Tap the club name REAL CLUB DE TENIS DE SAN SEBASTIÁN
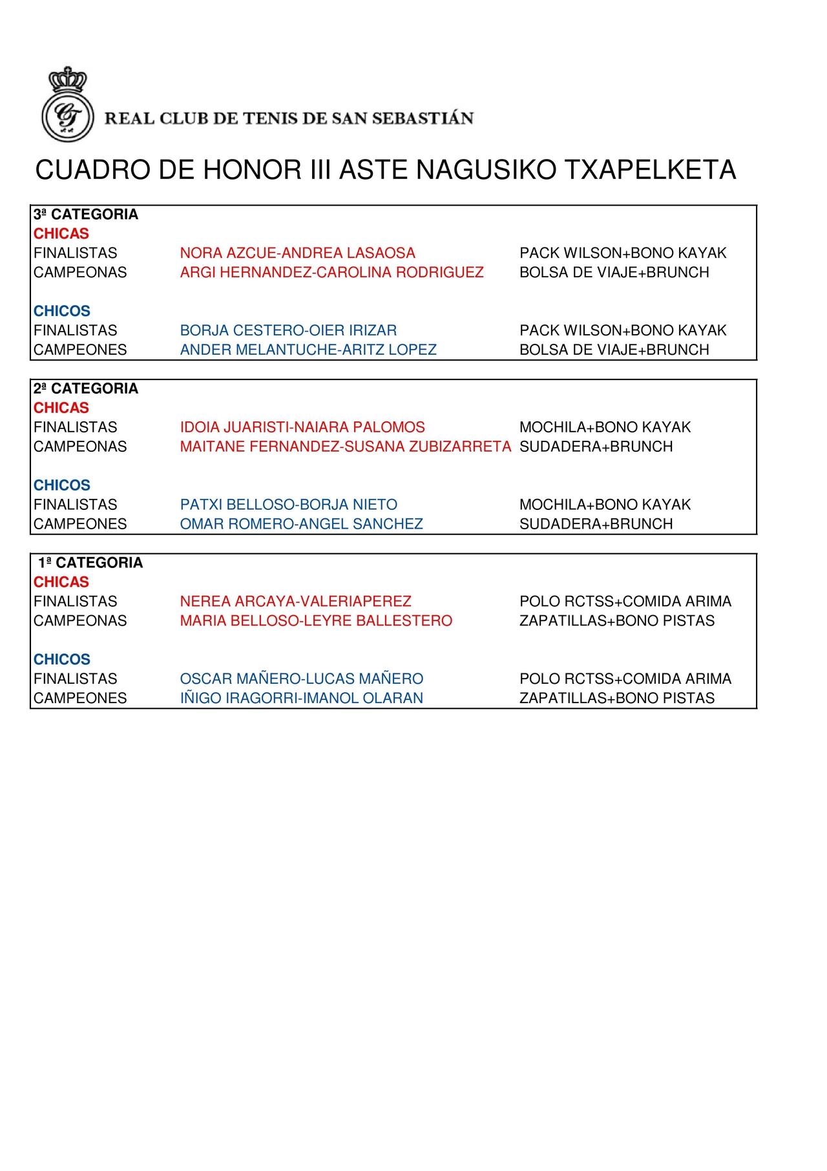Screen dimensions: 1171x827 (x=289, y=118)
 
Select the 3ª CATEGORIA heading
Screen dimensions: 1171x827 (x=86, y=215)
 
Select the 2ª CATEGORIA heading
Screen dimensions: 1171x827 (x=86, y=388)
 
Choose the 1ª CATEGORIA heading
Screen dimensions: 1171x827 (x=90, y=563)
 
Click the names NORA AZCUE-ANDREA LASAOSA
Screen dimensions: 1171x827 (x=297, y=253)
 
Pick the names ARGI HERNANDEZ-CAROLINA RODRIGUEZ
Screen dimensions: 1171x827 (x=331, y=273)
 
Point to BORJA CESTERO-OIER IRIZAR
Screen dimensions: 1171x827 (x=288, y=331)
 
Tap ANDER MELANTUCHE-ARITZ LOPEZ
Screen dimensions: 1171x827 (x=308, y=350)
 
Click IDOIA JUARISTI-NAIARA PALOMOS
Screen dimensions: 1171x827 (x=302, y=427)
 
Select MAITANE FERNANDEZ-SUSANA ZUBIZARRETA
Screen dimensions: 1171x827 (x=345, y=447)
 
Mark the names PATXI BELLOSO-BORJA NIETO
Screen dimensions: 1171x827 (x=288, y=505)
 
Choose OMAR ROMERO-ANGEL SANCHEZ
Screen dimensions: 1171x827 (x=301, y=524)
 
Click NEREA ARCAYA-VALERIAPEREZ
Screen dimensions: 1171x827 (x=295, y=602)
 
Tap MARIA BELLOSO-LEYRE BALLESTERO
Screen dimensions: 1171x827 (x=316, y=621)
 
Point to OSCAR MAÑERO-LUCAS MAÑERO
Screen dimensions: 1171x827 (x=301, y=679)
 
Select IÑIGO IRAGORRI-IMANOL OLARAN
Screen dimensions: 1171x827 (x=301, y=699)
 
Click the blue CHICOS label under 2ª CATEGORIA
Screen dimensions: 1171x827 (x=62, y=485)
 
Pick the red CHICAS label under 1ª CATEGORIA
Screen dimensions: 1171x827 (x=61, y=582)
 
